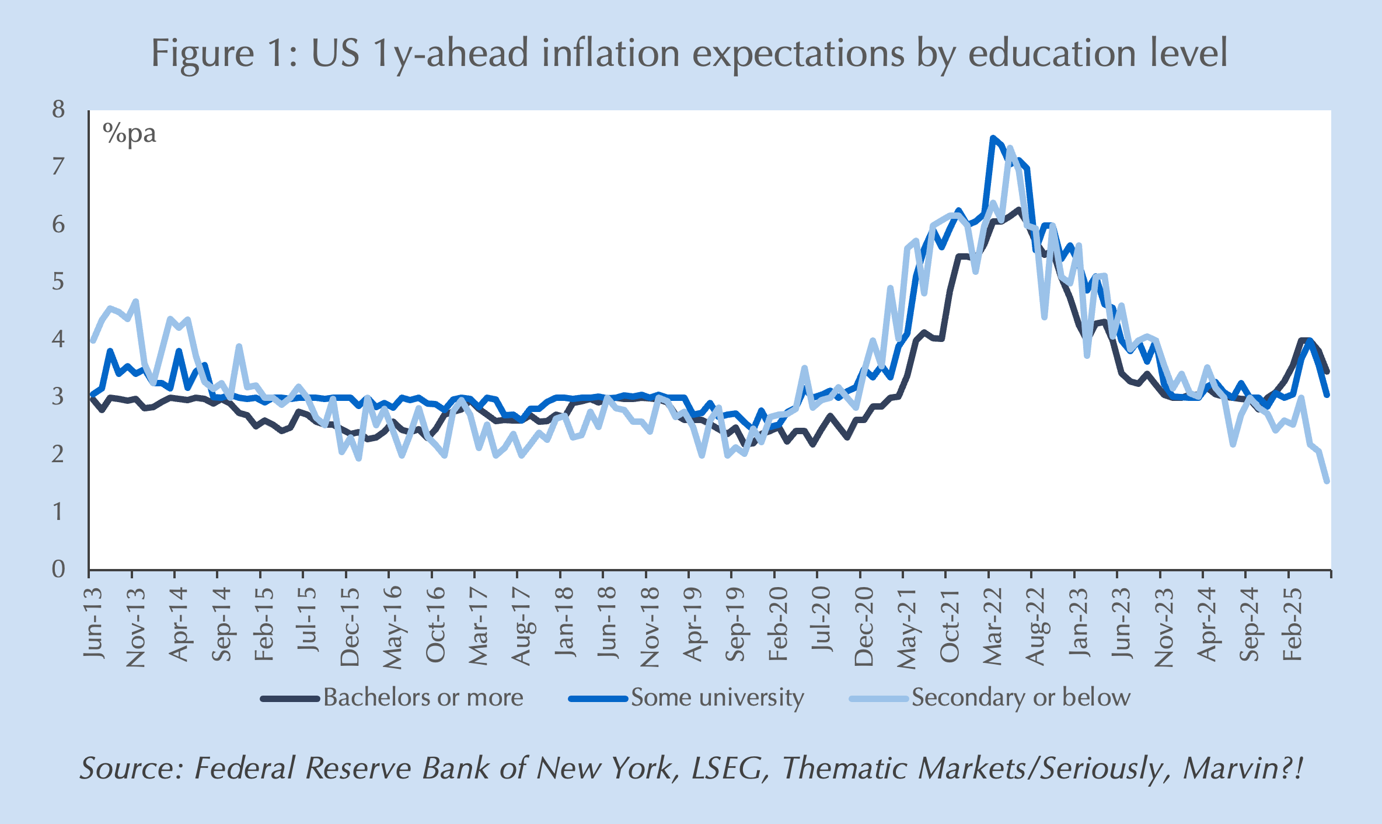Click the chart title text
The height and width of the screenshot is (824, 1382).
(x=689, y=54)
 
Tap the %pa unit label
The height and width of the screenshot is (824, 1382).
(x=130, y=134)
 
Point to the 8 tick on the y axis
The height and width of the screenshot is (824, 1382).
(x=58, y=110)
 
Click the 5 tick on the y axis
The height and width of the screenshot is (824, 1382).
(x=58, y=282)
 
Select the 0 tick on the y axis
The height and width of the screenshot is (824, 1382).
(x=58, y=569)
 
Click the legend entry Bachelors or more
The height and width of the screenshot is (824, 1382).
(x=423, y=698)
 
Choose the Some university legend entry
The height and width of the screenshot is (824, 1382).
(x=717, y=698)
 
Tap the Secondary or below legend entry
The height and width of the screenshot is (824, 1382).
(x=1021, y=698)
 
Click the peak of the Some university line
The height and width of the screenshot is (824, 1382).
(x=992, y=138)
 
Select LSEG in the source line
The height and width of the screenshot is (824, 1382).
(x=727, y=769)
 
